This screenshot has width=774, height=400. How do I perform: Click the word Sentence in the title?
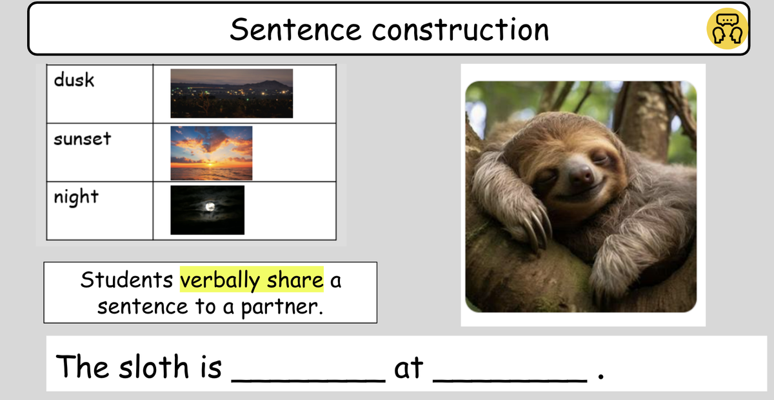tap(296, 30)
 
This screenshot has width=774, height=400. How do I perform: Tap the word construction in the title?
tap(461, 30)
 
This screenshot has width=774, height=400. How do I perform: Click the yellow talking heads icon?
tap(727, 28)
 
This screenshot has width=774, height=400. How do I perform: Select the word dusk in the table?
tap(74, 80)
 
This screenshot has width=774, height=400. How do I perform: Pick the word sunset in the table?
tap(83, 139)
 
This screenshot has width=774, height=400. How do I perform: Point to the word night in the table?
tap(76, 197)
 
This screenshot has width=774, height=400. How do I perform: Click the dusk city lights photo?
tap(232, 94)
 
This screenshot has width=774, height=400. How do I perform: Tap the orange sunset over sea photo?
tap(211, 153)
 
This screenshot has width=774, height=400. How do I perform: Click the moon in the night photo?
tap(210, 206)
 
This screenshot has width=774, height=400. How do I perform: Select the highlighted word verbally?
tap(220, 280)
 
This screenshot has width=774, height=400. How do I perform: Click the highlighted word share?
tap(295, 280)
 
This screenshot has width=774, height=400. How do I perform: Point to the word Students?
tap(126, 279)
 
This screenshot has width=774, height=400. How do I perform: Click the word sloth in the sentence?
tap(154, 366)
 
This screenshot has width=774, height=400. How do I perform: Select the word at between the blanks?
tap(409, 368)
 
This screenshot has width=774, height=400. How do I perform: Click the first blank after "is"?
tap(308, 381)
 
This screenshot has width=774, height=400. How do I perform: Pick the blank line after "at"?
tap(510, 381)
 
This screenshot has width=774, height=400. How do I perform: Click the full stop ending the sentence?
tap(601, 377)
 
